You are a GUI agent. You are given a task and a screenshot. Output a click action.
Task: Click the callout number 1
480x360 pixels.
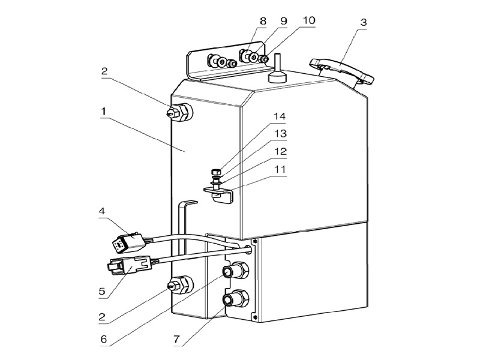(x=104, y=112)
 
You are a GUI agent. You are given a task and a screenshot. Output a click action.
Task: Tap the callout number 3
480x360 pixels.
(x=364, y=22)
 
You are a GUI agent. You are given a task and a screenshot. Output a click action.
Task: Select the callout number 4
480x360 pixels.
(x=101, y=211)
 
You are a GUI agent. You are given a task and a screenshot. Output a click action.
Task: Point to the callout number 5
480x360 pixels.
(x=102, y=291)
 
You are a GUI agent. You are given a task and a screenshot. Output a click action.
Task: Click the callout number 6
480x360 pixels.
(x=103, y=339)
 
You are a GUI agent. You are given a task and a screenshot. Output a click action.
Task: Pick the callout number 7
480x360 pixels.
(x=176, y=339)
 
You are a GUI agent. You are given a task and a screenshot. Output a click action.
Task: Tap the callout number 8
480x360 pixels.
(x=263, y=21)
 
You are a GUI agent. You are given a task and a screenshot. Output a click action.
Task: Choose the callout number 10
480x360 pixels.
(x=308, y=20)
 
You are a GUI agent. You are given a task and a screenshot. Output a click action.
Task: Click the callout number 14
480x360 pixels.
(x=280, y=116)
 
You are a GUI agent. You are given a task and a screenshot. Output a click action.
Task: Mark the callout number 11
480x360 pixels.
(x=280, y=169)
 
